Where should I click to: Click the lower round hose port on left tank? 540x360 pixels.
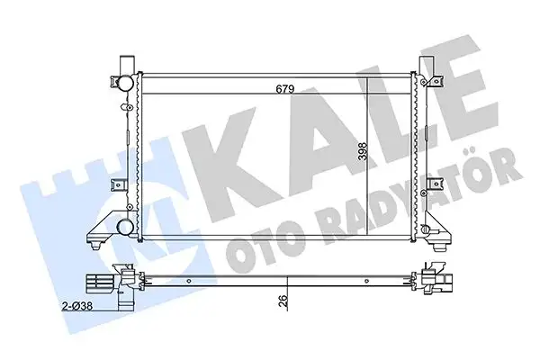click(x=124, y=226)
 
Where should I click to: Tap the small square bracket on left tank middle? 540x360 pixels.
click(x=114, y=184)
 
